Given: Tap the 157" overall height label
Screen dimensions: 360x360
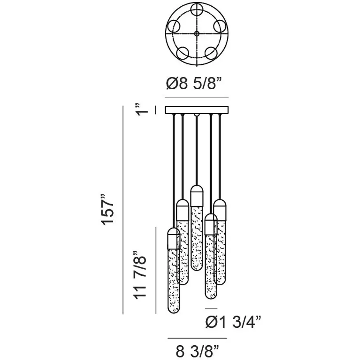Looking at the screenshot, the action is pyautogui.click(x=107, y=210).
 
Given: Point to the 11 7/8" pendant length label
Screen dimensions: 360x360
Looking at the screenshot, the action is pyautogui.click(x=140, y=275).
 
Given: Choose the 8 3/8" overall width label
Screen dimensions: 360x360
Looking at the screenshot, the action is pyautogui.click(x=197, y=351).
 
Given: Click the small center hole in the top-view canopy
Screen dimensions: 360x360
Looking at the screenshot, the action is pyautogui.click(x=197, y=34).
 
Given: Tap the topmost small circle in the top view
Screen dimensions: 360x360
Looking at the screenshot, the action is pyautogui.click(x=197, y=10).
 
